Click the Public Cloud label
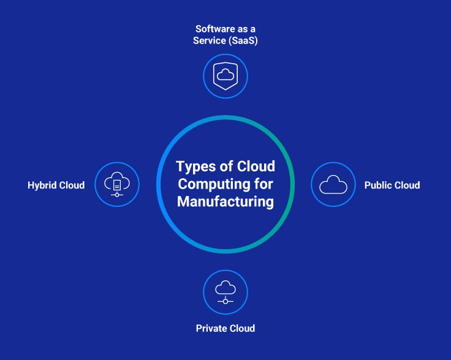[x=392, y=185]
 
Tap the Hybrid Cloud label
[x=56, y=185]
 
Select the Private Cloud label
[x=225, y=329]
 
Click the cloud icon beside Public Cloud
[x=333, y=184]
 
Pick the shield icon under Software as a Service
[x=225, y=77]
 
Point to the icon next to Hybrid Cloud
[x=117, y=184]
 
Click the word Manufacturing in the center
[x=225, y=201]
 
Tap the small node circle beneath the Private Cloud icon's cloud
[x=225, y=301]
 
